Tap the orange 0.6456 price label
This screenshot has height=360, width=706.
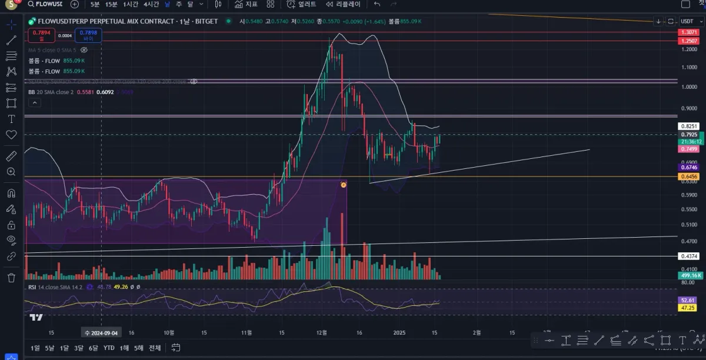click(x=688, y=176)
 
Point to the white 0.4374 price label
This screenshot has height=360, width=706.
click(x=688, y=256)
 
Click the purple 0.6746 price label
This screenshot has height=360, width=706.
click(x=688, y=168)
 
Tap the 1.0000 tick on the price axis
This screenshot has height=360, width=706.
click(x=688, y=87)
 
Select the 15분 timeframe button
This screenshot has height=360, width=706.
click(x=111, y=4)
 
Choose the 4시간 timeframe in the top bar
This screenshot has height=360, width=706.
click(x=151, y=4)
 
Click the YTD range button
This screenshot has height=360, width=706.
click(x=108, y=348)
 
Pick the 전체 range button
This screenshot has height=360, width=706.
click(x=155, y=348)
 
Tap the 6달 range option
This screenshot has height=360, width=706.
click(x=93, y=348)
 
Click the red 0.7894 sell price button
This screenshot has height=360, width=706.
click(x=41, y=35)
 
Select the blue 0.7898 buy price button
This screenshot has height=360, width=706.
click(x=88, y=35)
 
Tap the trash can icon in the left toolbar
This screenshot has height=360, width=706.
click(x=11, y=277)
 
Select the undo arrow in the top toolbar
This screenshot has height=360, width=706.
click(x=377, y=4)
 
